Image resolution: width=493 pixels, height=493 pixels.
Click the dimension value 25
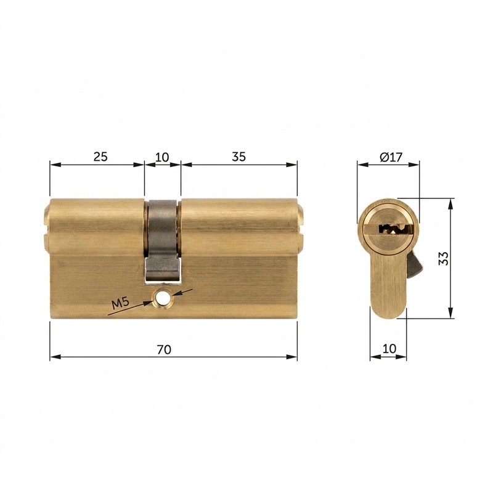click(100, 157)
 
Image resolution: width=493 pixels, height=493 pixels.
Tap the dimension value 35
click(239, 157)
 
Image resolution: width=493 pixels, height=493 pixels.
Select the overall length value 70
click(164, 349)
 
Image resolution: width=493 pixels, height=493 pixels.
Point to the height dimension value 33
click(444, 258)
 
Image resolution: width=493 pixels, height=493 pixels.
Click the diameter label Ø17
click(391, 157)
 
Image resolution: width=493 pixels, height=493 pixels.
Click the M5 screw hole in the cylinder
click(161, 298)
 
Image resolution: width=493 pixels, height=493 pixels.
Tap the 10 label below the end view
click(389, 348)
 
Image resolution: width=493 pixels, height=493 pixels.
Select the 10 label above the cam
click(162, 157)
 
